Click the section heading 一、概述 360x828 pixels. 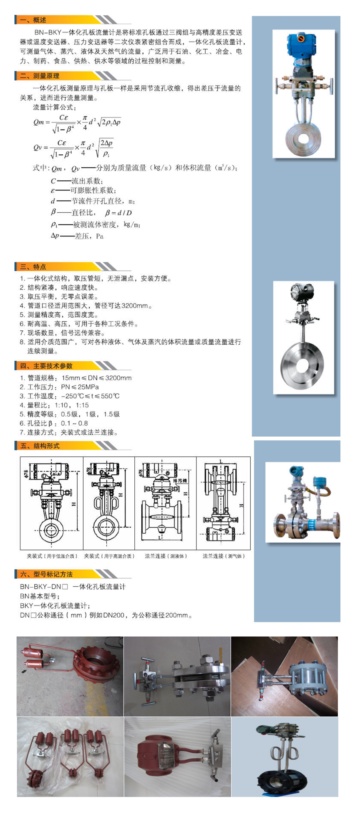(x=34, y=20)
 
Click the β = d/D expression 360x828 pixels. (x=118, y=213)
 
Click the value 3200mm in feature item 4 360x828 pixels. (x=135, y=306)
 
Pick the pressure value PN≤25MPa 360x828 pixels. (x=80, y=387)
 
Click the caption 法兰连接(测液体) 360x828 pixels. (x=166, y=556)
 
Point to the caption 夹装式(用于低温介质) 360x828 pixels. (x=52, y=556)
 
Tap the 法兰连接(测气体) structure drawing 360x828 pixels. (x=223, y=502)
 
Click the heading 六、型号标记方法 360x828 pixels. (x=46, y=574)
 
